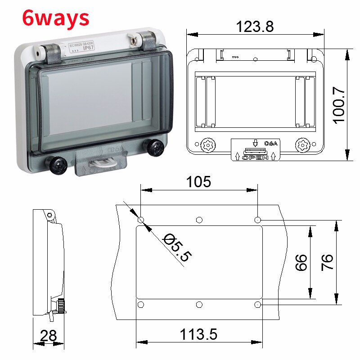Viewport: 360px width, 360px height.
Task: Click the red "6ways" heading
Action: pos(56,18)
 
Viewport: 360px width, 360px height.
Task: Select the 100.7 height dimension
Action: pos(338,105)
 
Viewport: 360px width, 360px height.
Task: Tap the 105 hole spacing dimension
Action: pos(198,182)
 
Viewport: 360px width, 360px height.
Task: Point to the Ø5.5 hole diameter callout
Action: pos(177,247)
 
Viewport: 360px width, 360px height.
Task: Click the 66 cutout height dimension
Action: pos(301,262)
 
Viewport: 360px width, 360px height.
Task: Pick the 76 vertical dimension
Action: pos(327,262)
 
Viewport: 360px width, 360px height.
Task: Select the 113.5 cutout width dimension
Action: pos(198,334)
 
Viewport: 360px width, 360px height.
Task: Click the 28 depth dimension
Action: pos(49,335)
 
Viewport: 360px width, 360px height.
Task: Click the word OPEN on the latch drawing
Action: pos(255,157)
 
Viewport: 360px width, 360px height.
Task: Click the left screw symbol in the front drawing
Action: pos(207,145)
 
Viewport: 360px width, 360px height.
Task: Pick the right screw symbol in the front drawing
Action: pos(303,145)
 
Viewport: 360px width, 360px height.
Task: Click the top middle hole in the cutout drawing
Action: pos(199,220)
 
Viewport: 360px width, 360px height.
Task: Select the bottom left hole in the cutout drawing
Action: pos(141,305)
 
